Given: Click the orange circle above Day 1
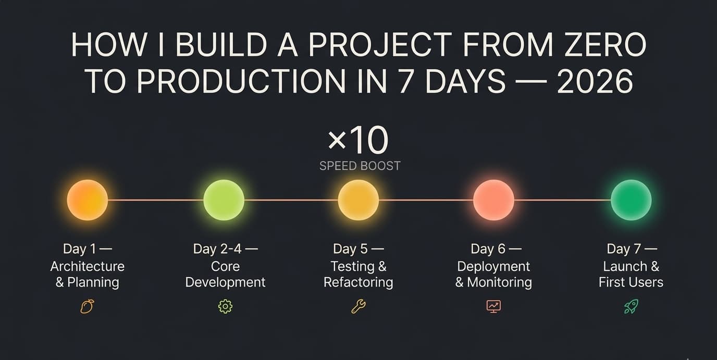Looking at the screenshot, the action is tap(88, 200).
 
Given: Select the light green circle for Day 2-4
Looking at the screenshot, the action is tap(224, 200).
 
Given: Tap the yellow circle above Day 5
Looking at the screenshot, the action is tap(358, 200).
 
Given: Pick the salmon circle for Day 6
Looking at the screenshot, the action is tap(493, 200).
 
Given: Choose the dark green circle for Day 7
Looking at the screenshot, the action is tap(631, 200).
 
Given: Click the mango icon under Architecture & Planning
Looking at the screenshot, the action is tap(87, 306).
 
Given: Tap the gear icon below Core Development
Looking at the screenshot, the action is tap(225, 306).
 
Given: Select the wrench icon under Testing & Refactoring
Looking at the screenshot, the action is tap(358, 306).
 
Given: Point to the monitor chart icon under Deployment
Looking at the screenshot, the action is tap(493, 306).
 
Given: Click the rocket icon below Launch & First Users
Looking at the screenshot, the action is tap(631, 306).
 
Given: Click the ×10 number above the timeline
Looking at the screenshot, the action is tap(358, 140).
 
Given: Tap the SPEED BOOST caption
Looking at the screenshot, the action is tap(360, 166).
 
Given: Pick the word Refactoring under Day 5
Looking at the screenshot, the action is tap(358, 282).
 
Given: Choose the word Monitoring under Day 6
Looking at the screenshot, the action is tap(499, 282).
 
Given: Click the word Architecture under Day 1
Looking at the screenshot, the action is tap(88, 266).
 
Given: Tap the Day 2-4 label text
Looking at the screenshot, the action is tap(225, 249).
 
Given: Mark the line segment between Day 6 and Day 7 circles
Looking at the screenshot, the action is tap(562, 200).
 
